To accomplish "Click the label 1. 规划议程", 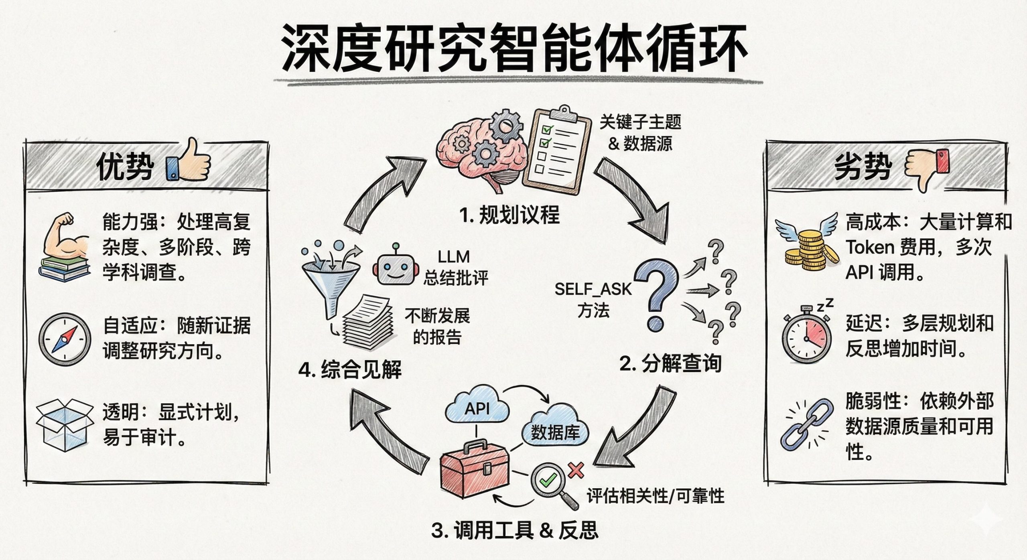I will point(509,215).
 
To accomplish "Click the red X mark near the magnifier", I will point(576,470).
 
